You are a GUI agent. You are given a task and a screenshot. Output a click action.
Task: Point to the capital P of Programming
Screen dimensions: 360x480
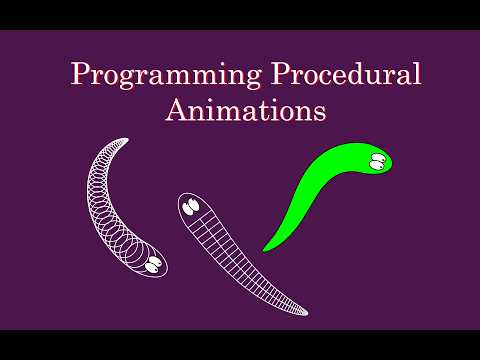[x=78, y=74]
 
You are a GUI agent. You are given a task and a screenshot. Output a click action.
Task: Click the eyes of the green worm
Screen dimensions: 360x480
[x=376, y=161]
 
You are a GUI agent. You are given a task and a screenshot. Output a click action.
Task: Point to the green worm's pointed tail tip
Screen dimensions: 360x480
[x=264, y=249]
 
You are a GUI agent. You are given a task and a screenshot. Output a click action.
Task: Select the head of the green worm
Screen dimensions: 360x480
[x=372, y=159]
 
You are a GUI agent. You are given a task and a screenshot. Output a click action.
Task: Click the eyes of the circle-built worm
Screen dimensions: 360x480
[x=154, y=264]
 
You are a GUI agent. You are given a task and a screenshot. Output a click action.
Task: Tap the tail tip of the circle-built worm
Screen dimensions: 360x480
[x=126, y=140]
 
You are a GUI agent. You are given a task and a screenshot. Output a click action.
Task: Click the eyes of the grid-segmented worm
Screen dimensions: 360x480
[x=190, y=208]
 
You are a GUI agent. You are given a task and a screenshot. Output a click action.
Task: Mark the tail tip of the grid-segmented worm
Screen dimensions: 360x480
[x=306, y=311]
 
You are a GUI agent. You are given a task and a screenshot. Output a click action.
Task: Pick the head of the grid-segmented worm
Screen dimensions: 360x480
[x=193, y=208]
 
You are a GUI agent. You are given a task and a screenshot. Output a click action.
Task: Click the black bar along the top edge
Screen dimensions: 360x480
[x=240, y=14]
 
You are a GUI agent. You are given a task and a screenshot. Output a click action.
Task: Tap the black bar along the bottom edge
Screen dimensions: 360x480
[x=240, y=345]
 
